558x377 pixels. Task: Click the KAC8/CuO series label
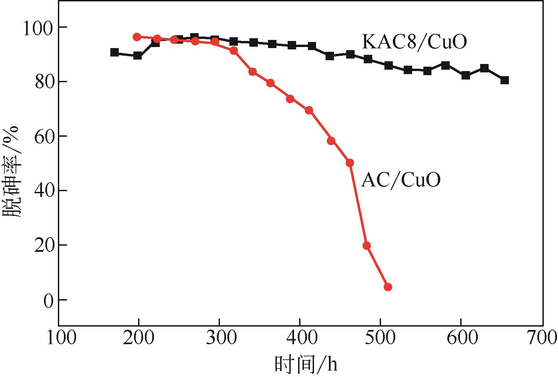tap(414, 42)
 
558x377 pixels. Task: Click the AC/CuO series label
tap(401, 180)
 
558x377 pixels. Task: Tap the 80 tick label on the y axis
tap(44, 82)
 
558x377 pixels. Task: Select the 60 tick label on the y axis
tap(44, 136)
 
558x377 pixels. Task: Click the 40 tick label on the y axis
tap(44, 191)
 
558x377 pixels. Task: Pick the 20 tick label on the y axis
tap(44, 245)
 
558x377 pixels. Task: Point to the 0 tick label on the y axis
tap(49, 300)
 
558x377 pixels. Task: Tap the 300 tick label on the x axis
tap(220, 338)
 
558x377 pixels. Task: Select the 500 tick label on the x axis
tap(381, 338)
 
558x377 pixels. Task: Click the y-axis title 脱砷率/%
tap(12, 173)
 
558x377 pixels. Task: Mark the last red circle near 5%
tap(388, 287)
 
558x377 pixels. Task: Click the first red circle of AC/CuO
tap(137, 37)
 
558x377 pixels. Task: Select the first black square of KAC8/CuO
tap(115, 52)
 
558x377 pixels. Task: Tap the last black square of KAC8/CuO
tap(505, 80)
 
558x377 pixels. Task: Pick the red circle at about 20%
tap(366, 246)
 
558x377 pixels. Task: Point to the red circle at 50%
tap(350, 163)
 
